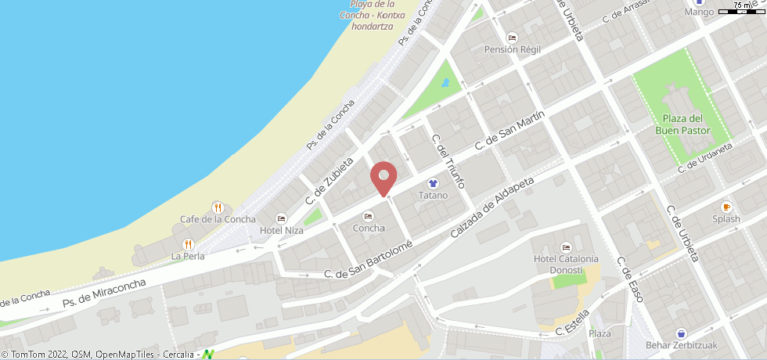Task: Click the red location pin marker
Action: [x=383, y=177]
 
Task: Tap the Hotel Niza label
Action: [x=282, y=230]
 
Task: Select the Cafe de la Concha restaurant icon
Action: [x=218, y=207]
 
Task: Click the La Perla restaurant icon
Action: [x=188, y=244]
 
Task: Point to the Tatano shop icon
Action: [x=433, y=183]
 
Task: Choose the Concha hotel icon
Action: [x=369, y=216]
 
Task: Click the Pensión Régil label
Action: [x=513, y=49]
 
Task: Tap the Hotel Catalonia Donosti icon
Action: [x=566, y=247]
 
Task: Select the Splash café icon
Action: [x=726, y=207]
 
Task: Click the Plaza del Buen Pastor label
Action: [x=679, y=125]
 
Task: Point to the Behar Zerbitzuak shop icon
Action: [x=681, y=333]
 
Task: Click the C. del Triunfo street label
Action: [x=449, y=161]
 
